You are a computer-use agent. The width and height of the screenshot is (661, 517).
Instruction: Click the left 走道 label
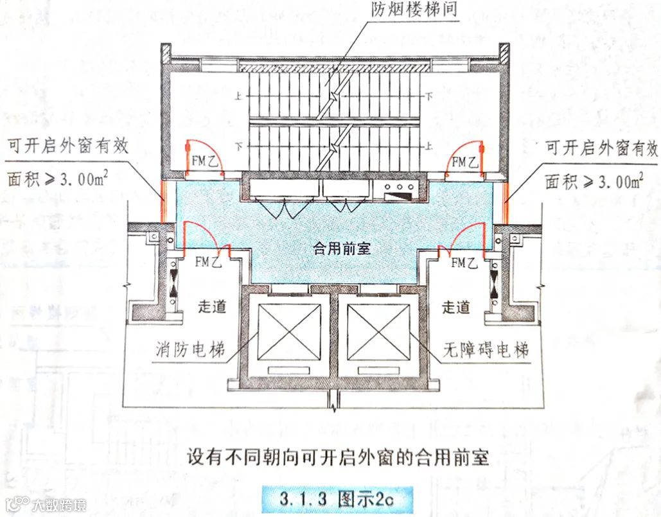pyautogui.click(x=211, y=308)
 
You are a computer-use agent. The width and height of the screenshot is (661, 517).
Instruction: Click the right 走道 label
pyautogui.click(x=455, y=308)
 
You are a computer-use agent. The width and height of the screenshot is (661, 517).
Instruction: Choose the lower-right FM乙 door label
pyautogui.click(x=464, y=261)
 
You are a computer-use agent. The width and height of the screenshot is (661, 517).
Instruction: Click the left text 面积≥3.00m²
pyautogui.click(x=57, y=180)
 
